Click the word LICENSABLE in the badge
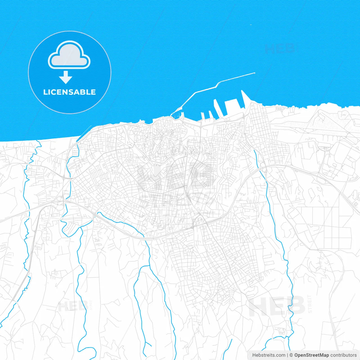[x=69, y=92]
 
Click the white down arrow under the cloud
[x=66, y=77]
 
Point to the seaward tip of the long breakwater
[x=254, y=73]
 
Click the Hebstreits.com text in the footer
[x=269, y=355]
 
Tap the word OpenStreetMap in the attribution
[x=311, y=355]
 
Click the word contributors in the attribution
[x=343, y=355]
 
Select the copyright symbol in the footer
[x=291, y=355]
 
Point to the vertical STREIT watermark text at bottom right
[x=310, y=304]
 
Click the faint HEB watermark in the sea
[x=280, y=48]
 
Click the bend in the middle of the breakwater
[x=217, y=84]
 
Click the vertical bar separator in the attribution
[x=288, y=355]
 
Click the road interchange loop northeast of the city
[x=263, y=165]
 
